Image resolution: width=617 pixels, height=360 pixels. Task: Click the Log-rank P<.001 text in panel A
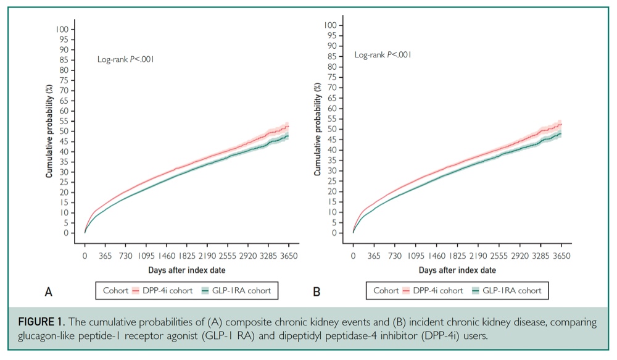pyautogui.click(x=125, y=59)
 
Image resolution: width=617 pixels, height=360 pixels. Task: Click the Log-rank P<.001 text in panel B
pyautogui.click(x=383, y=55)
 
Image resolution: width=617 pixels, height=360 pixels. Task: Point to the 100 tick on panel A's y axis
pyautogui.click(x=62, y=29)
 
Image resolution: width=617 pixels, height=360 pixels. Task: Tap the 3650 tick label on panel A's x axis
pyautogui.click(x=288, y=256)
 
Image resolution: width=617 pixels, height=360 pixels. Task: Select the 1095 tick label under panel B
pyautogui.click(x=415, y=256)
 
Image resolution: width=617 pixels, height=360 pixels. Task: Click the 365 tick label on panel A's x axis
pyautogui.click(x=105, y=256)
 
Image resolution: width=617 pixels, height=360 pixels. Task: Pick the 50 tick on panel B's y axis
pyautogui.click(x=332, y=129)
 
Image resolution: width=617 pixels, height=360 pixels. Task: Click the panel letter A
pyautogui.click(x=48, y=292)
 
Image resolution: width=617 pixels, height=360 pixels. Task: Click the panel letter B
pyautogui.click(x=317, y=292)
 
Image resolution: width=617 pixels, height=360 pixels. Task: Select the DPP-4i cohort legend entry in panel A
pyautogui.click(x=162, y=291)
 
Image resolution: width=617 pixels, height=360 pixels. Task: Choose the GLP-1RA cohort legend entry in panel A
pyautogui.click(x=236, y=291)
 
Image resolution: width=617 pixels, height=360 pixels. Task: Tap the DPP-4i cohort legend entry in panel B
pyautogui.click(x=433, y=291)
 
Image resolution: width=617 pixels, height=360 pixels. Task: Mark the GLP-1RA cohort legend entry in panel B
pyautogui.click(x=507, y=291)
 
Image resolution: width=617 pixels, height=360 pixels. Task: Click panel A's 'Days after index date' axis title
pyautogui.click(x=187, y=270)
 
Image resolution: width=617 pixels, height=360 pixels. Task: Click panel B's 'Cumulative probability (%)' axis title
pyautogui.click(x=318, y=129)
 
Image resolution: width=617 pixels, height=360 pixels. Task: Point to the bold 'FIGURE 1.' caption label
pyautogui.click(x=41, y=322)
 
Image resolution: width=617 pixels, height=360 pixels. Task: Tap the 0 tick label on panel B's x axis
pyautogui.click(x=353, y=256)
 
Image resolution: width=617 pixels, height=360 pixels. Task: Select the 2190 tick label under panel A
pyautogui.click(x=207, y=256)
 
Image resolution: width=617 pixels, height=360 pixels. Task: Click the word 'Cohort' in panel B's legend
pyautogui.click(x=386, y=291)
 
